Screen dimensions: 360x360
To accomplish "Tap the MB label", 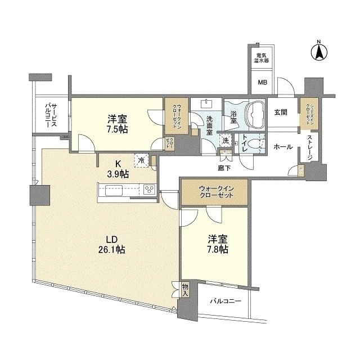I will [263, 83].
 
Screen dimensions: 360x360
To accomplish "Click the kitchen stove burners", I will [149, 190].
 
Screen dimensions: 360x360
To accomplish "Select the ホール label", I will [282, 146].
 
